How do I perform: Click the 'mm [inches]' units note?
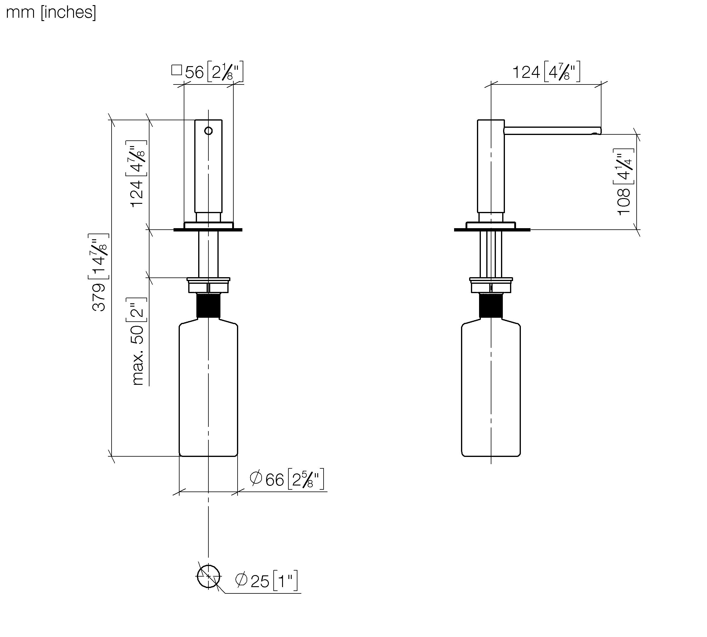(51, 13)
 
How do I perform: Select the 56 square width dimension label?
(207, 72)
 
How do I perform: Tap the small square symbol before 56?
(177, 70)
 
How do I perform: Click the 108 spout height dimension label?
(624, 182)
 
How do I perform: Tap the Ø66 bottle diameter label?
(287, 479)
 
